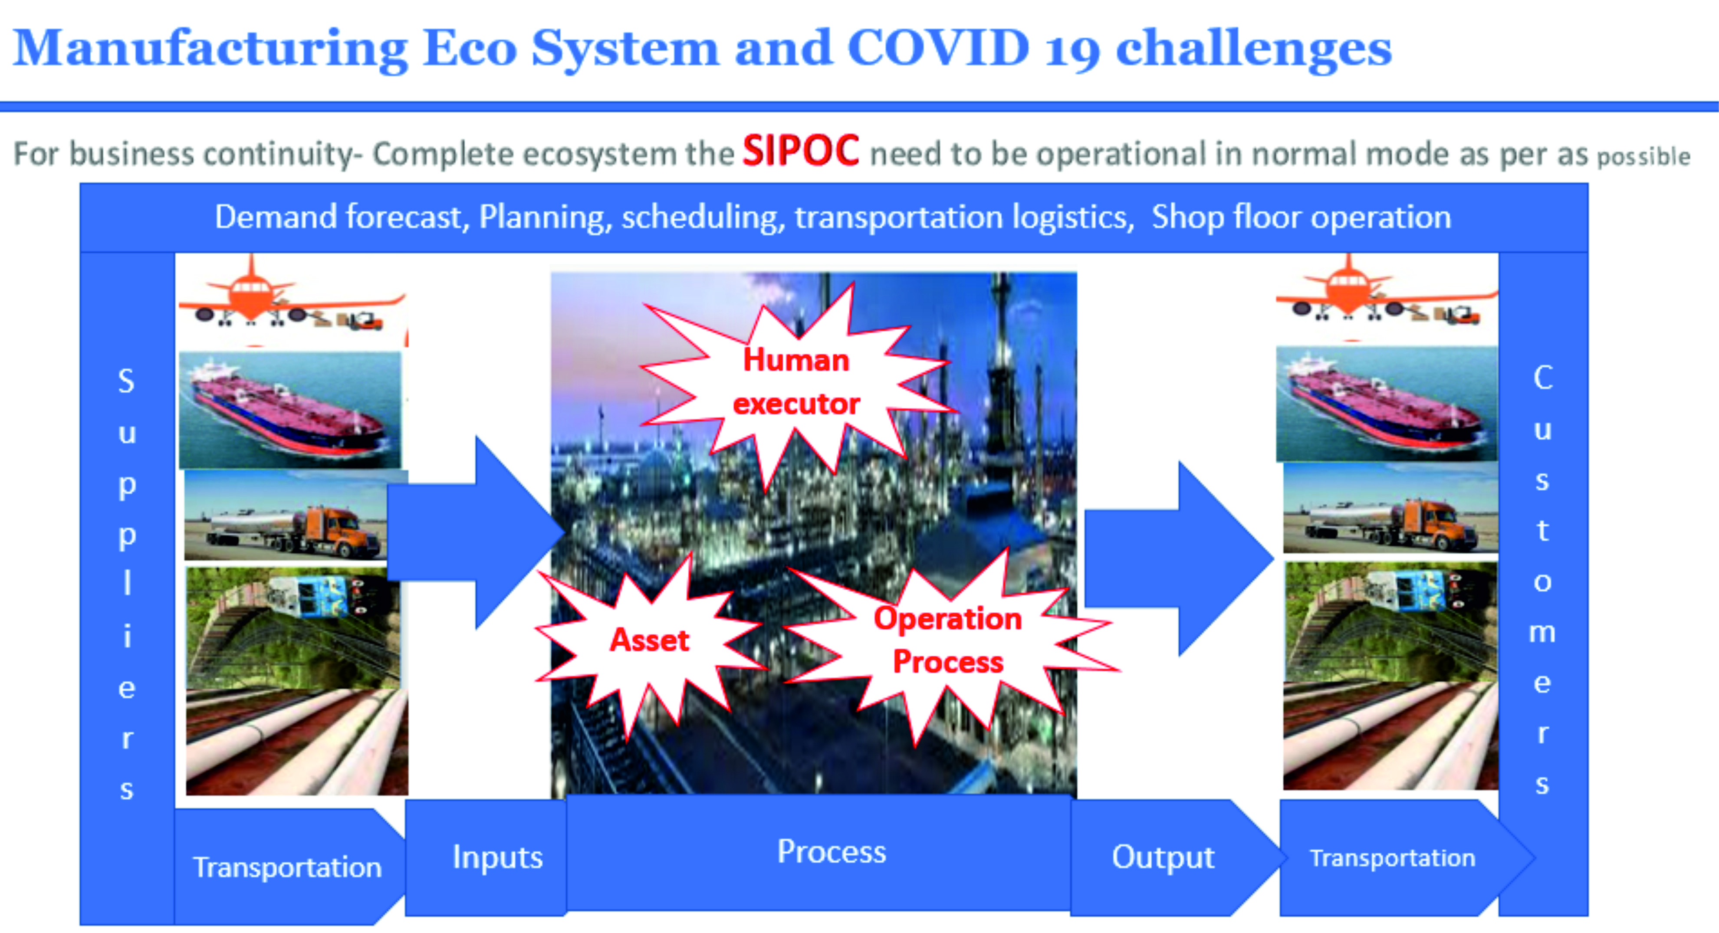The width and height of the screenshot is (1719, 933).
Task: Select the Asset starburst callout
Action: click(649, 642)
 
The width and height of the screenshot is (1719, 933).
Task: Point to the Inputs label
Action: click(497, 857)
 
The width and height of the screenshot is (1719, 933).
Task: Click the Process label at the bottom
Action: click(832, 851)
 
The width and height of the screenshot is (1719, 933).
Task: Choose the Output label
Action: click(1163, 857)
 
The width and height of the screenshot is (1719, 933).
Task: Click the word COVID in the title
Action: click(938, 48)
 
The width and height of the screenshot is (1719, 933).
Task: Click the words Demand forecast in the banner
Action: click(338, 217)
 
